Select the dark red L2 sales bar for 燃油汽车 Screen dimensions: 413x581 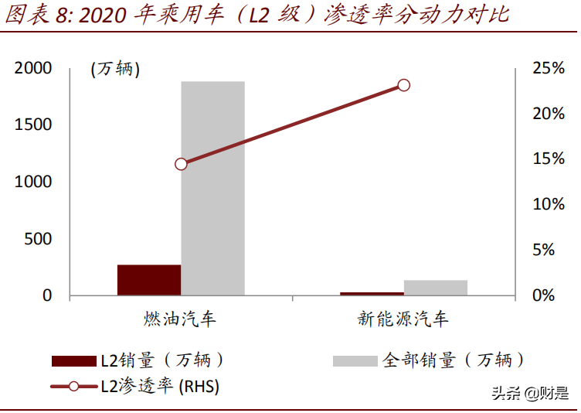149,279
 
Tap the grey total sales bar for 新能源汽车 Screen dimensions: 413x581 436,287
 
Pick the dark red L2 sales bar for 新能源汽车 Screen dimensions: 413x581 372,293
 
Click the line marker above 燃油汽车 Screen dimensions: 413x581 181,164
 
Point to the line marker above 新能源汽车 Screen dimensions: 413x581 403,85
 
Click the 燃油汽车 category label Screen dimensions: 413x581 180,319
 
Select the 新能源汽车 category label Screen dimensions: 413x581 403,319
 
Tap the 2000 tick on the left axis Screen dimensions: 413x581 33,68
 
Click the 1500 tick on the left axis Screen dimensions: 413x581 33,125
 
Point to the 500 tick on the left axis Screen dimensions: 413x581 38,239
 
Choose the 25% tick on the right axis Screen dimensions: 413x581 549,68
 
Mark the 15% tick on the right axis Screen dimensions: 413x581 549,159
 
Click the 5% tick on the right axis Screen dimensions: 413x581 553,250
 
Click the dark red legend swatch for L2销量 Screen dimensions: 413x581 73,360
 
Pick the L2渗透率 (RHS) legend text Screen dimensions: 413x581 160,387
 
